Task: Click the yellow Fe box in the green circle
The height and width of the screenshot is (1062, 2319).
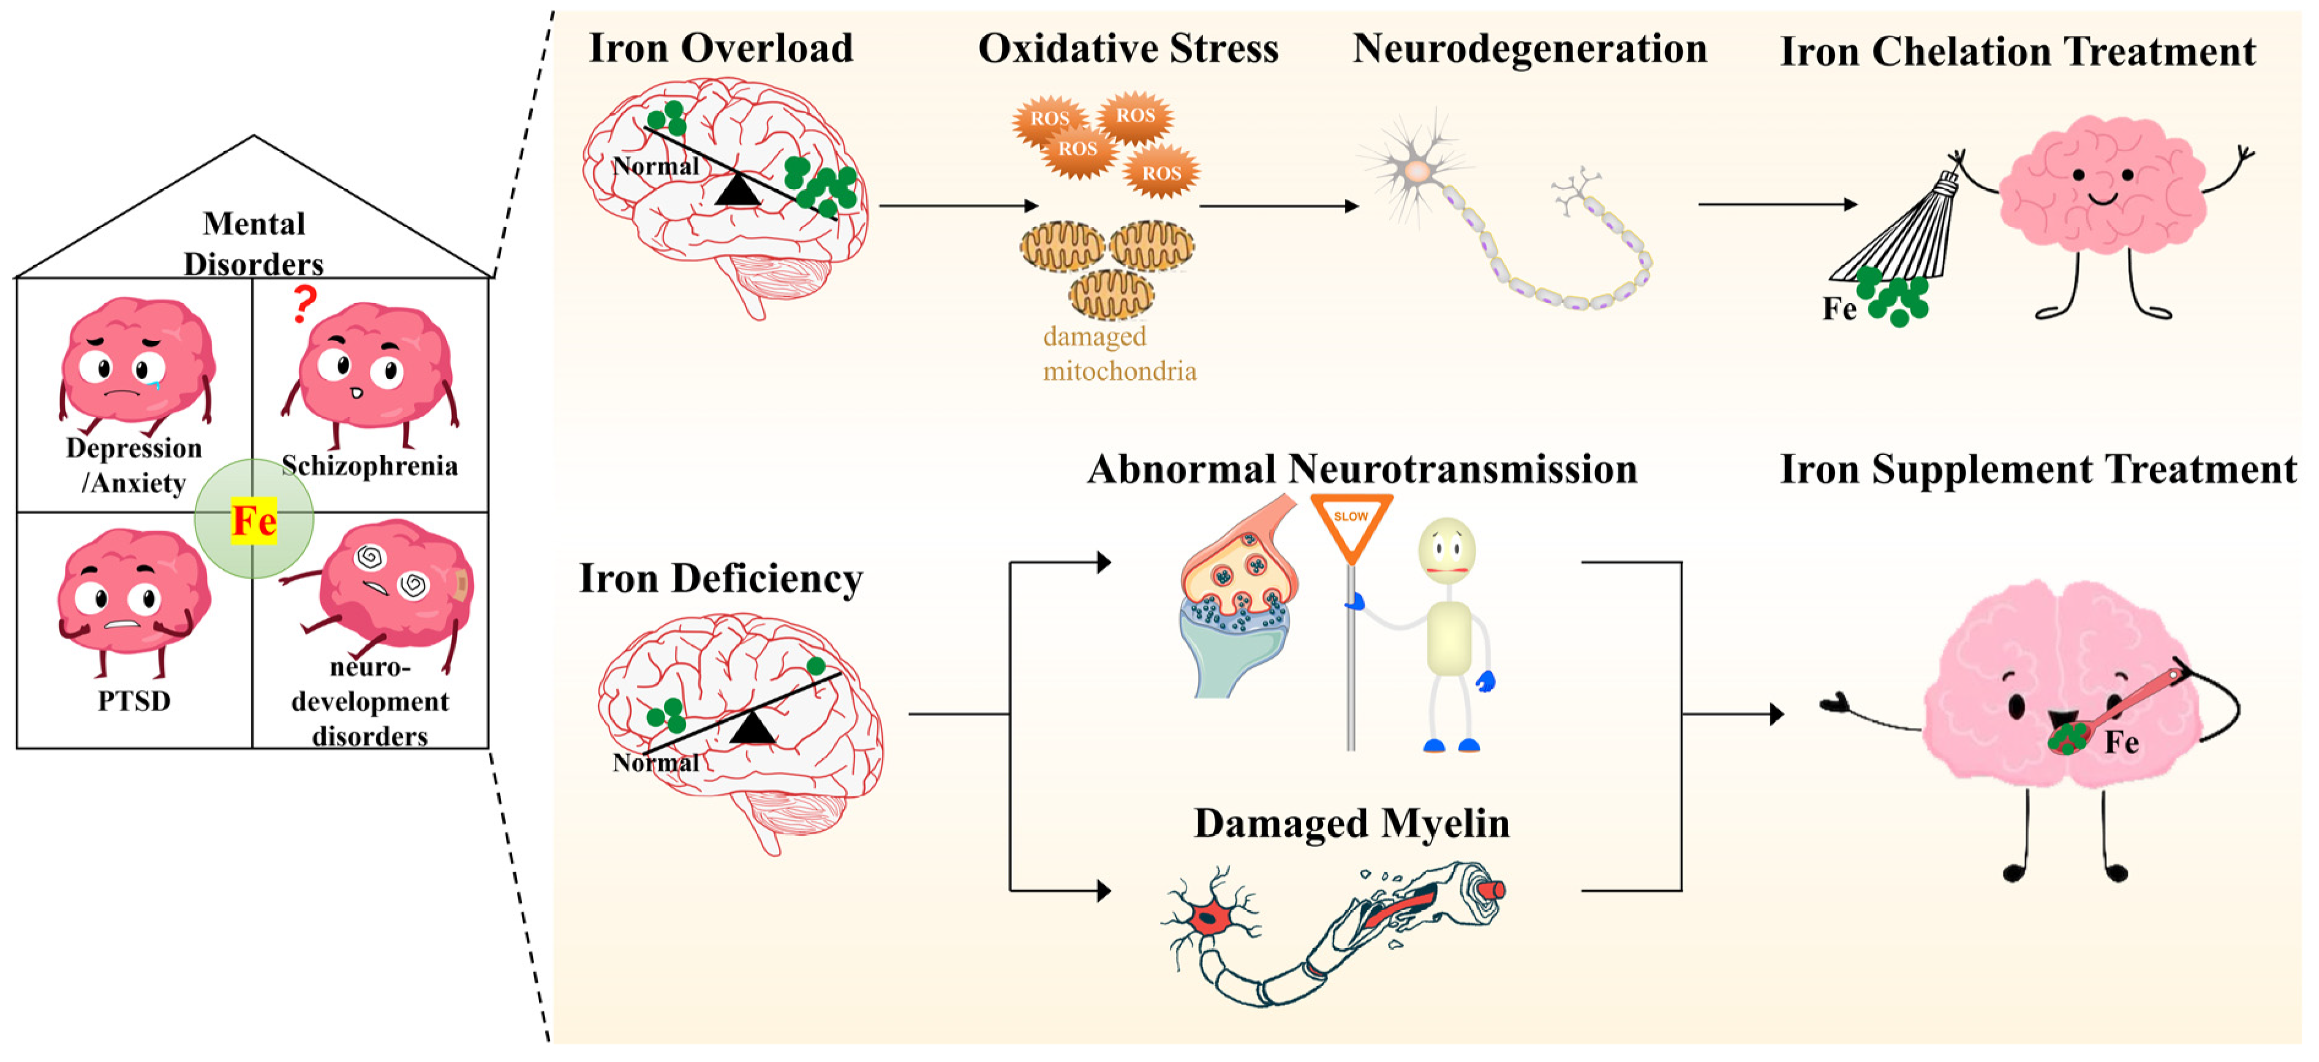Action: (253, 520)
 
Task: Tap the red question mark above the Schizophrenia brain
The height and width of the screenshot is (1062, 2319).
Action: (305, 304)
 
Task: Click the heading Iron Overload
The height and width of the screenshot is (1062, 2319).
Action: (720, 48)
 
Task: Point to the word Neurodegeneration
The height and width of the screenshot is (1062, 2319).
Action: (1529, 48)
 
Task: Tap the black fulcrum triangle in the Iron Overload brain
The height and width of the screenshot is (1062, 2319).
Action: (737, 190)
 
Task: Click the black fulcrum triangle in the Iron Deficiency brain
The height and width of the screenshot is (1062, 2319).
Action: (753, 727)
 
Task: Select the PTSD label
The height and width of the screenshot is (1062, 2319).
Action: (134, 700)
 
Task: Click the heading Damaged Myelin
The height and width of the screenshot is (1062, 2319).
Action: (1351, 823)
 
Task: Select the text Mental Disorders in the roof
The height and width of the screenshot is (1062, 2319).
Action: (254, 243)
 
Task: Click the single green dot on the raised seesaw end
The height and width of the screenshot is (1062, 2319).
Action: (816, 666)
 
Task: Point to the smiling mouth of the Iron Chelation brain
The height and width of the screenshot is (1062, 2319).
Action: (2103, 198)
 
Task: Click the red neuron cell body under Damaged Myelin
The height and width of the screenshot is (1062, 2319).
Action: (1211, 918)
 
